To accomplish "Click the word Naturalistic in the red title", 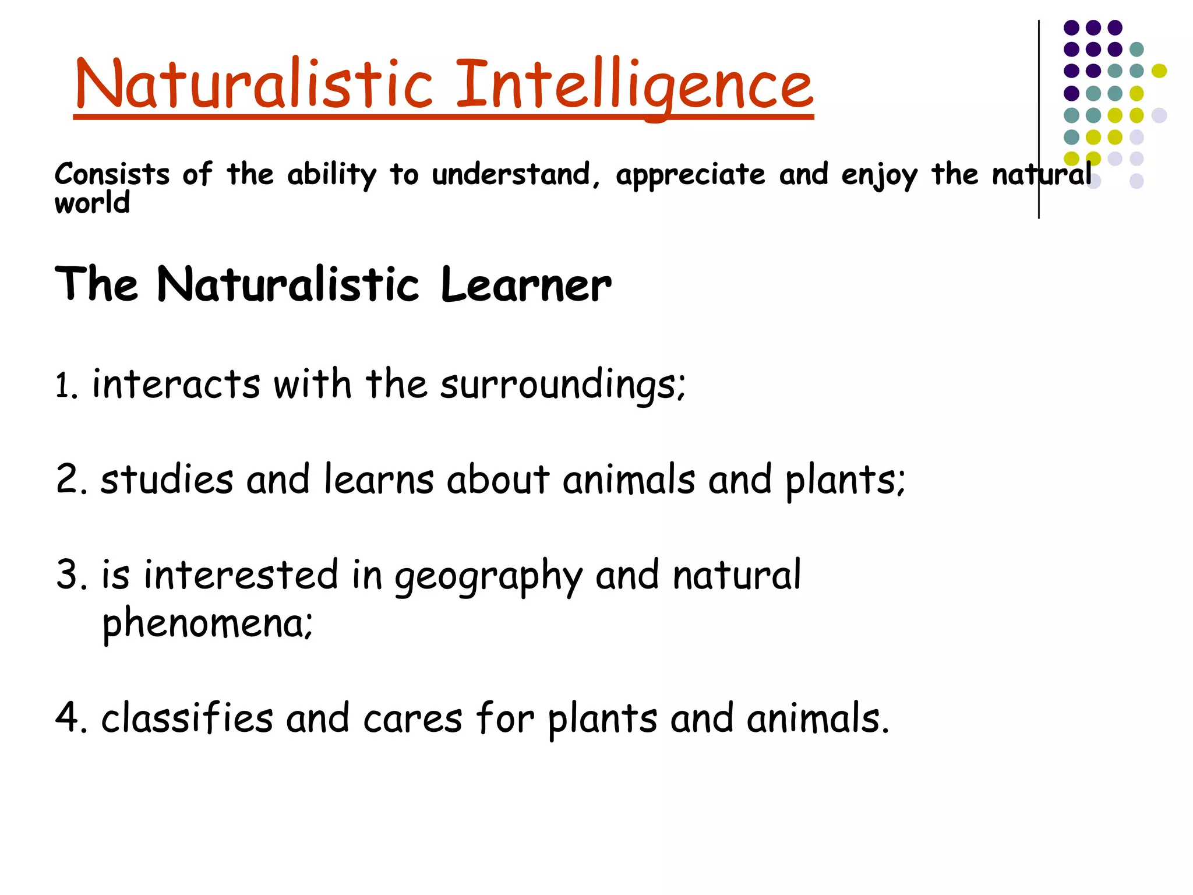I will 254,84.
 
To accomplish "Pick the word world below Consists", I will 92,203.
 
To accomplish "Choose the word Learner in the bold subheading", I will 525,285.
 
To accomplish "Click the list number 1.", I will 65,386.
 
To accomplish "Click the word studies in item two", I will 167,480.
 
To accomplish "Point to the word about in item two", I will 498,480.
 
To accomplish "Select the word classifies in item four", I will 186,718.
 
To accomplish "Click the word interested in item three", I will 241,575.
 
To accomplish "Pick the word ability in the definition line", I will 331,175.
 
